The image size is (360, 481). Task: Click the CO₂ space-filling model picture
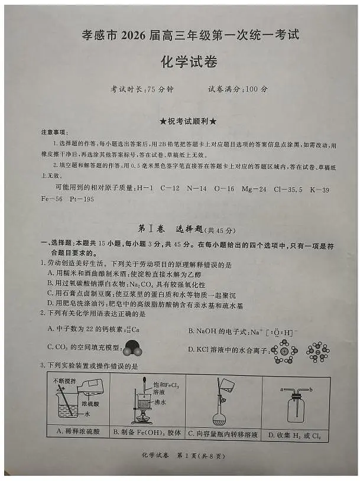pyautogui.click(x=134, y=350)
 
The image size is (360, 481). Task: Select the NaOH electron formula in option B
pyautogui.click(x=272, y=331)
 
